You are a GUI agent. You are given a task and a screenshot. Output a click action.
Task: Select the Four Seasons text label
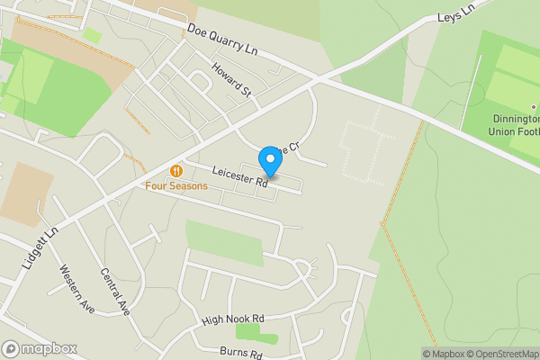tap(176, 186)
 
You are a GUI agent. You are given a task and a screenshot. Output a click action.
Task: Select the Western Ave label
tap(77, 288)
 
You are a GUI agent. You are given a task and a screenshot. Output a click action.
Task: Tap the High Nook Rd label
tap(232, 319)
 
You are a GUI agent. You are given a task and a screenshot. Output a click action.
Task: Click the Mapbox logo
tap(40, 348)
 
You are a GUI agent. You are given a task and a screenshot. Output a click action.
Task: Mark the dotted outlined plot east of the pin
tap(365, 151)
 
